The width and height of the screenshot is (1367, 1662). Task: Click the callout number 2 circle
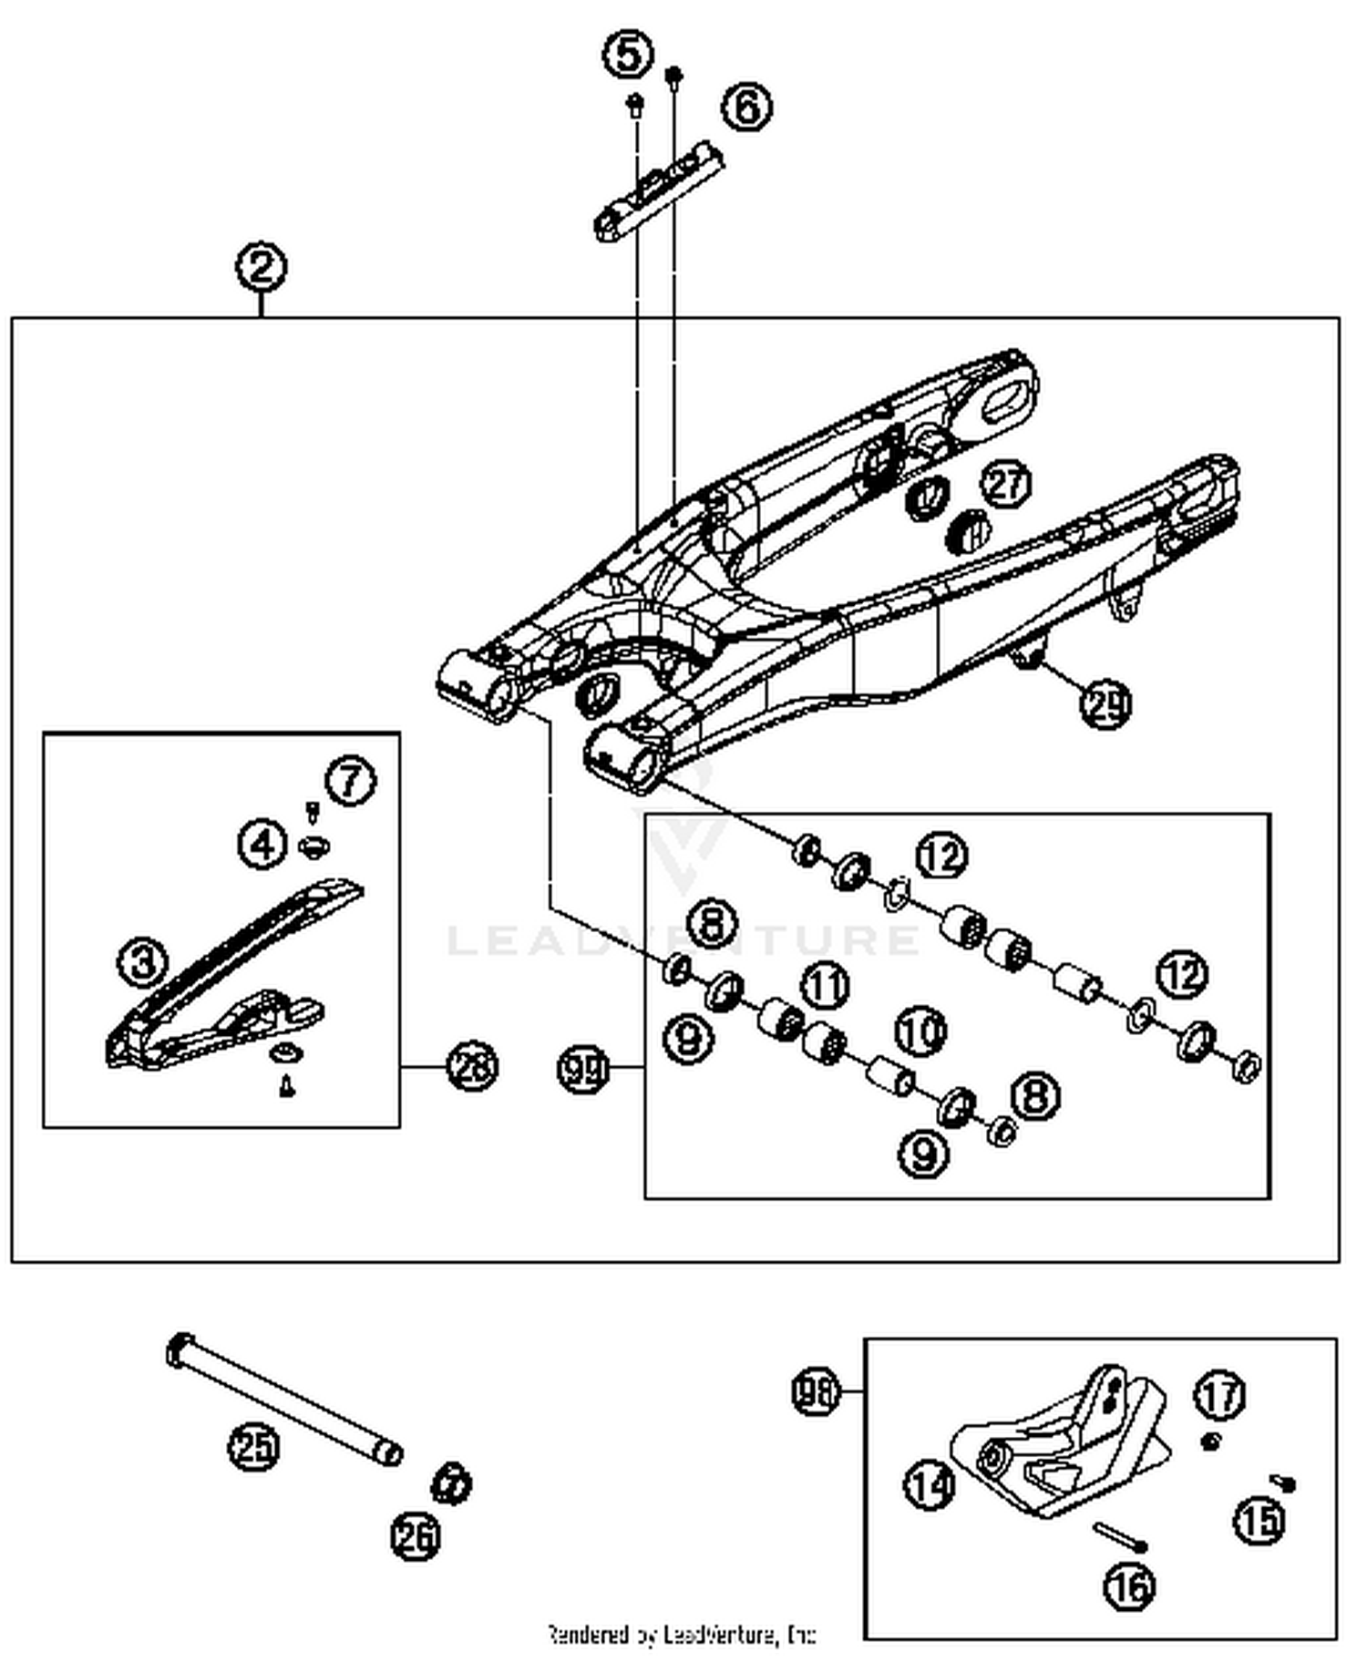[x=261, y=268]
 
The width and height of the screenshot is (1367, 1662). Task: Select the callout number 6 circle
[x=747, y=108]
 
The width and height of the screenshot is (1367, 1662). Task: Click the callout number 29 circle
[x=1106, y=703]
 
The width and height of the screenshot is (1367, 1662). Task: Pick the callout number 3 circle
[x=143, y=961]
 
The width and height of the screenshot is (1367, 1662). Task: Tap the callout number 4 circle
[x=263, y=845]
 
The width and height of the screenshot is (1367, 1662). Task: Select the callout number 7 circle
[x=351, y=781]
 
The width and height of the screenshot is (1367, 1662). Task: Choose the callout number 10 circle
[x=921, y=1031]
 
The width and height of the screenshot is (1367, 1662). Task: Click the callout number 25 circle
[x=254, y=1446]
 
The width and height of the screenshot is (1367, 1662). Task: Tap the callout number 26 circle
[x=416, y=1537]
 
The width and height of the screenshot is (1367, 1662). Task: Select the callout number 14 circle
[x=930, y=1486]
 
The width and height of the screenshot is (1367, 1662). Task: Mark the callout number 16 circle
[x=1130, y=1586]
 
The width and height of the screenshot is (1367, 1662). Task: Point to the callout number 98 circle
[x=815, y=1392]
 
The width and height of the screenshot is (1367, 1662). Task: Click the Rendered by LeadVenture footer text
[x=682, y=1635]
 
